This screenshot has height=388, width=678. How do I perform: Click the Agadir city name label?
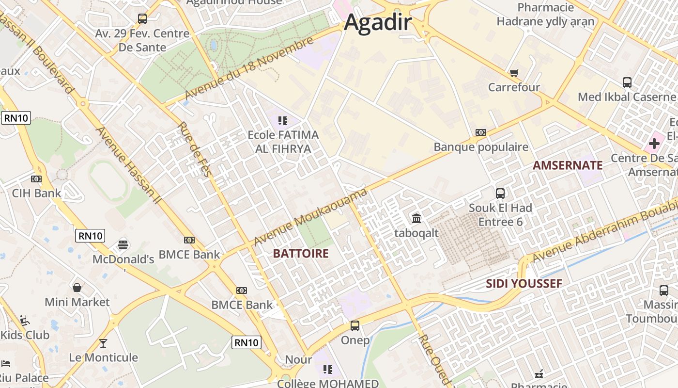click(x=378, y=22)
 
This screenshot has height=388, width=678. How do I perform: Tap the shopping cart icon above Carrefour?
click(x=514, y=73)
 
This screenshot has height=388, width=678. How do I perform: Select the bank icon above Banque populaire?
click(x=480, y=132)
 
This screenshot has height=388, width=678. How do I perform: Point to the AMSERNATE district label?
click(x=568, y=165)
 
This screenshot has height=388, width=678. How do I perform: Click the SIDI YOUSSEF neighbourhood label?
click(x=524, y=284)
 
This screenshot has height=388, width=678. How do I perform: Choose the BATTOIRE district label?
click(x=301, y=253)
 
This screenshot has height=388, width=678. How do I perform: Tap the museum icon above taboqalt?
click(x=416, y=218)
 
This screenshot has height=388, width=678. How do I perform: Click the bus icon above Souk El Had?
click(x=500, y=194)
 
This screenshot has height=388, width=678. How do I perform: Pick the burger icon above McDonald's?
click(x=123, y=244)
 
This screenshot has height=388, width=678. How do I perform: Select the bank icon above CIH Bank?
click(x=36, y=179)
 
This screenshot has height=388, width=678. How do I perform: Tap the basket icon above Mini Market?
click(x=77, y=288)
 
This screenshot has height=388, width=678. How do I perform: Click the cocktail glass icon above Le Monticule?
click(x=103, y=343)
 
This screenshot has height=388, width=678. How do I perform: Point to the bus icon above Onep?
click(x=355, y=326)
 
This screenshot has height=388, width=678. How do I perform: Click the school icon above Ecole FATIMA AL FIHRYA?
click(x=283, y=120)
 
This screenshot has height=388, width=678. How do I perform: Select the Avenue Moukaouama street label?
click(x=310, y=217)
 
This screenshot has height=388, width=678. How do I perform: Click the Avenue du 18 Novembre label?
click(x=249, y=69)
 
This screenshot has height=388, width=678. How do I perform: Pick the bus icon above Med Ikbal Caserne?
click(x=627, y=82)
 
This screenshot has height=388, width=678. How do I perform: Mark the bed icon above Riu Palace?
click(x=6, y=364)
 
